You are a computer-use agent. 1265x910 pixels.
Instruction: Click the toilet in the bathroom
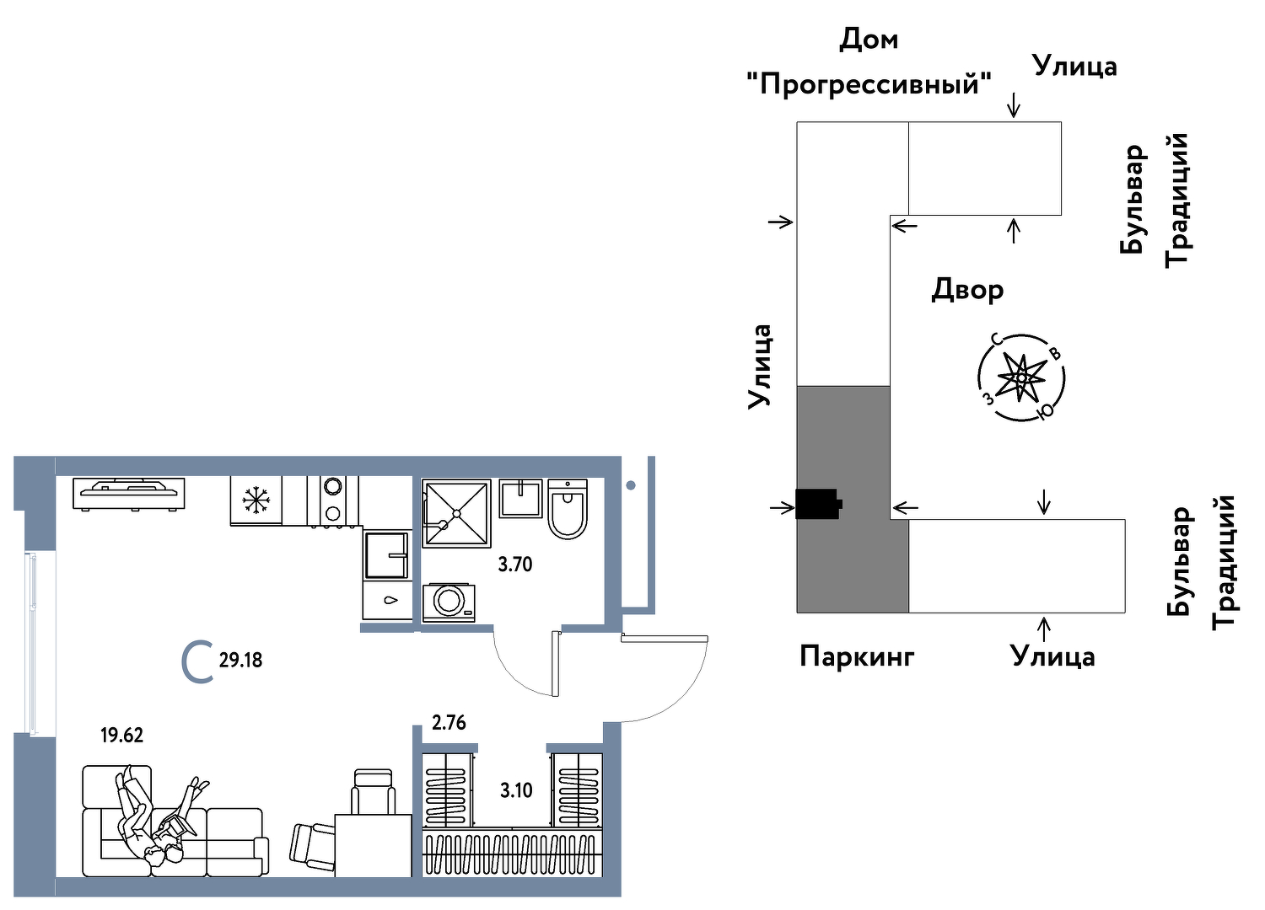568,509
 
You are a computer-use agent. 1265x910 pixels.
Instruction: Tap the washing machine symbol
449,602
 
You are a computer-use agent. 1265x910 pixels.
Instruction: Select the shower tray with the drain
456,513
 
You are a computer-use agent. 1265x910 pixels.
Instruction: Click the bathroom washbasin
520,498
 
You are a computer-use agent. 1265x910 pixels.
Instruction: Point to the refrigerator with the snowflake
256,500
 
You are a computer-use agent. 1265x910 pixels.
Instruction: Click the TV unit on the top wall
129,493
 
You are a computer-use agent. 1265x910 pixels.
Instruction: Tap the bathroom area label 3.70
514,565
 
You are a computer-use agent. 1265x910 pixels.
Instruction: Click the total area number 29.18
240,661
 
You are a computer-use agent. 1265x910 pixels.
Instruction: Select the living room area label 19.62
121,736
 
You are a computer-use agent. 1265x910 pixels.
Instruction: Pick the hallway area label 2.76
449,723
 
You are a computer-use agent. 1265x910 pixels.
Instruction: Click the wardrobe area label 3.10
516,790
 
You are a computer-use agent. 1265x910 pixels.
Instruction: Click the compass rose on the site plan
1021,377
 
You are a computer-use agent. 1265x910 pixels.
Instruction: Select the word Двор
967,290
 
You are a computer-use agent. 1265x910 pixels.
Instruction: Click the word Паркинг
857,656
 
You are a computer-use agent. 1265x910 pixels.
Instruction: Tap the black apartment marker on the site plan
818,504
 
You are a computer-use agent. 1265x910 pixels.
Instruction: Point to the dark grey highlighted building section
843,556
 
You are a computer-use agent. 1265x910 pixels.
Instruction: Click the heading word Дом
869,40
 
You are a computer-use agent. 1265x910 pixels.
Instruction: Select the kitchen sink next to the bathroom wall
386,554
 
